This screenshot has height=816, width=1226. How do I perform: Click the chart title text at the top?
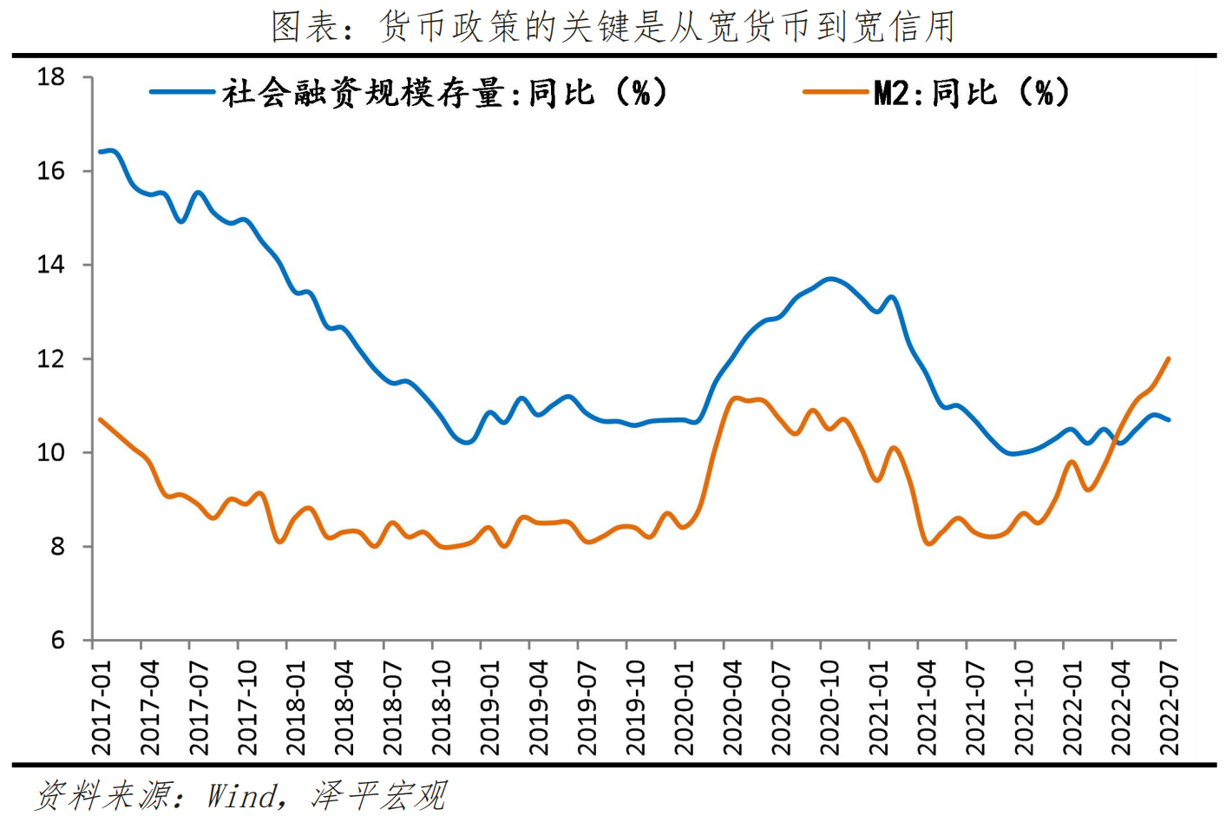click(613, 27)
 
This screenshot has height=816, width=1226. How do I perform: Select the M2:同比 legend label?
click(971, 92)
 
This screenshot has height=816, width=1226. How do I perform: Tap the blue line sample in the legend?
click(182, 92)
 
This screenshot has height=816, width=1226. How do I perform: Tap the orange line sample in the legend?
click(835, 92)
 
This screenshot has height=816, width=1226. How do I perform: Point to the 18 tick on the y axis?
click(51, 77)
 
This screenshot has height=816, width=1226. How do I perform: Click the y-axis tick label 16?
click(51, 171)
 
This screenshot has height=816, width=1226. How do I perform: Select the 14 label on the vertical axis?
click(51, 265)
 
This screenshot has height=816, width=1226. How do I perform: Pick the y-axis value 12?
click(51, 359)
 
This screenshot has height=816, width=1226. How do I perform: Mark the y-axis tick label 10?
click(51, 452)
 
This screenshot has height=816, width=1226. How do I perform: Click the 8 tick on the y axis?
click(57, 547)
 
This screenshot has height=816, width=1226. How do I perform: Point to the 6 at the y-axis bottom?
click(57, 641)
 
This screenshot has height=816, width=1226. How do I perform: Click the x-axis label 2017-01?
click(102, 707)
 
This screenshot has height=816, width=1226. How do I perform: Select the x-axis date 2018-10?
click(441, 707)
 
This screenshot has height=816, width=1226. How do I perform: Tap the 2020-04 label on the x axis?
click(732, 707)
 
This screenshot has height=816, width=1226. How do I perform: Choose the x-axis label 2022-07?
click(1169, 707)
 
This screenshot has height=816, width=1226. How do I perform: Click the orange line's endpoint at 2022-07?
click(1169, 359)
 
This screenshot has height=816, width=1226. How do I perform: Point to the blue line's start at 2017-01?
click(101, 152)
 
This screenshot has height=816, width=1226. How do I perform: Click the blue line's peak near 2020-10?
click(830, 279)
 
